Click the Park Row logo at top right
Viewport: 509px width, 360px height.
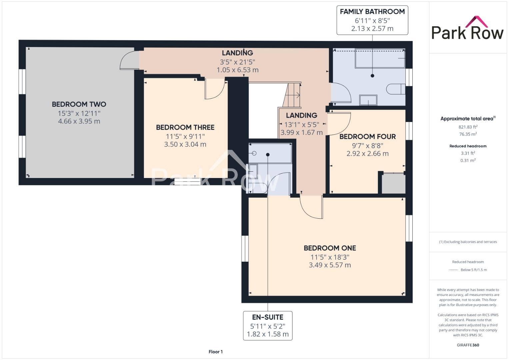pyautogui.click(x=467, y=28)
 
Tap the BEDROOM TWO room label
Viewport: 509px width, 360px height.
pyautogui.click(x=79, y=104)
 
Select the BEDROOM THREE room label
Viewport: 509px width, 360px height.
pyautogui.click(x=185, y=127)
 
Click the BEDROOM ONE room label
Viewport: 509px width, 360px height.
pyautogui.click(x=330, y=248)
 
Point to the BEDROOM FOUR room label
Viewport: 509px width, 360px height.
pyautogui.click(x=367, y=137)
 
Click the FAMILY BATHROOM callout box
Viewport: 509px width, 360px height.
pyautogui.click(x=372, y=20)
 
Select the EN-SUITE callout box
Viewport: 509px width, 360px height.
pyautogui.click(x=268, y=325)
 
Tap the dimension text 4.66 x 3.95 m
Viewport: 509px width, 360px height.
pyautogui.click(x=79, y=121)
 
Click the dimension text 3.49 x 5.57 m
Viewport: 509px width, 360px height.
pyautogui.click(x=330, y=265)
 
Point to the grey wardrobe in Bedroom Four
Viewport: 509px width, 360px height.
pyautogui.click(x=393, y=183)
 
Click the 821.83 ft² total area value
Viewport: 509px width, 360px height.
pyautogui.click(x=468, y=127)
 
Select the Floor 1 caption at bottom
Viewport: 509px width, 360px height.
pyautogui.click(x=215, y=352)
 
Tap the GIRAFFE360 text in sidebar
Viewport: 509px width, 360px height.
pyautogui.click(x=468, y=345)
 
